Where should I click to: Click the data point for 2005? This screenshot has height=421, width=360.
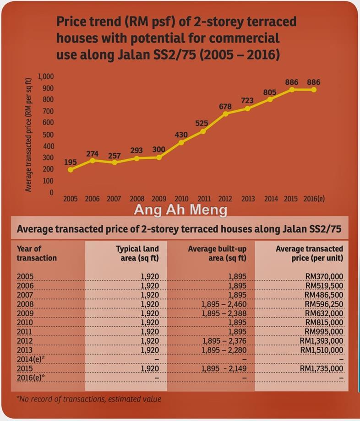[x=71, y=170]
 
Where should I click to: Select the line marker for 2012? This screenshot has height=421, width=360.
[x=225, y=113]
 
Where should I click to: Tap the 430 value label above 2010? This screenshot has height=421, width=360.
[x=181, y=135]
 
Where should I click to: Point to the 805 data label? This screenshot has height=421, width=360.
[x=270, y=92]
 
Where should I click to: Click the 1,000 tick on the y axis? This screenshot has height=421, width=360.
[x=46, y=76]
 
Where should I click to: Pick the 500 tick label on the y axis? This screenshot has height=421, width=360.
[x=48, y=135]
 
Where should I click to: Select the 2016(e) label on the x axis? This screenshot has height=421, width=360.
[x=314, y=199]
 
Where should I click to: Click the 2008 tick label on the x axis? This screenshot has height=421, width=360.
[x=136, y=199]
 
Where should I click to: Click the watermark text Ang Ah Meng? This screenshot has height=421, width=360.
[x=180, y=210]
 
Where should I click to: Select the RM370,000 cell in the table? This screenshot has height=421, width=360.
[x=324, y=276]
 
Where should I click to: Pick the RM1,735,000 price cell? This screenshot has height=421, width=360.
[x=322, y=368]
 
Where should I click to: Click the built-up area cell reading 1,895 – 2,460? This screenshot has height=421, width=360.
[x=224, y=304]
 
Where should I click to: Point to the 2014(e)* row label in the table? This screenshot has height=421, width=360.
[x=31, y=359]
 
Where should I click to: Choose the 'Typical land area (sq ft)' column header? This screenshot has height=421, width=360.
[x=137, y=253]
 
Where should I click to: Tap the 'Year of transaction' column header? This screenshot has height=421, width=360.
[x=37, y=253]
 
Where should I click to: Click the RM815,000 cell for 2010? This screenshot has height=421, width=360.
[x=324, y=322]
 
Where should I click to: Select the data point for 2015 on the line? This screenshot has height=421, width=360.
[x=291, y=90]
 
